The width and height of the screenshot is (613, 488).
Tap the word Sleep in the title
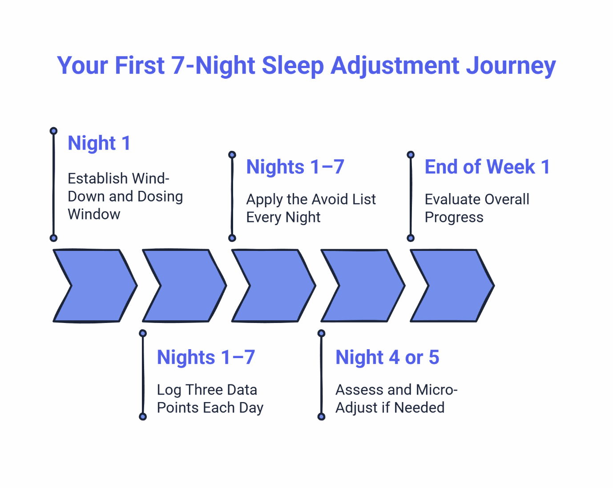click(292, 66)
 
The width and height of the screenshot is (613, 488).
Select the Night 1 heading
click(99, 143)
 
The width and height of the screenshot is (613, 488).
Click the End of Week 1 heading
click(487, 167)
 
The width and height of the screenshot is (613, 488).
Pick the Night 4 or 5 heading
click(387, 357)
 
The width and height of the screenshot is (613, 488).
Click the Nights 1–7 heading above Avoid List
click(295, 167)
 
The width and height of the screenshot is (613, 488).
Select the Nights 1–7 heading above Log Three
click(206, 357)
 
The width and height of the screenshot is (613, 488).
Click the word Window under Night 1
click(94, 214)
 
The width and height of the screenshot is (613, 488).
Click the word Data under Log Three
click(241, 390)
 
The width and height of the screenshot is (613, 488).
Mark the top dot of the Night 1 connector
click(53, 131)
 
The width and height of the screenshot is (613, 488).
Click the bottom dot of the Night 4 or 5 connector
click(321, 417)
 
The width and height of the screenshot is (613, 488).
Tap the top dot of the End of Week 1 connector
click(411, 155)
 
